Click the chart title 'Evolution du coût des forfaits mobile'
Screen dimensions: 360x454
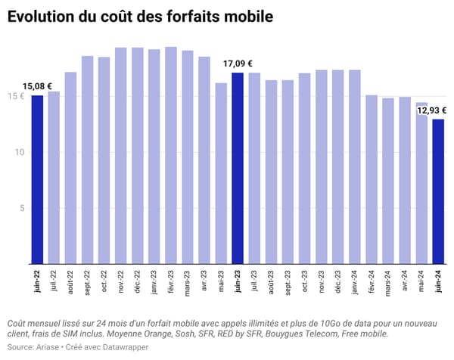(x=140, y=16)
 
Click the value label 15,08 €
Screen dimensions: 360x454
(x=37, y=86)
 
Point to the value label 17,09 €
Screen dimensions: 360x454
(x=238, y=64)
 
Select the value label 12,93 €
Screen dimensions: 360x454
(x=433, y=110)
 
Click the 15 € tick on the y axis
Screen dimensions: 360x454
(x=15, y=96)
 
